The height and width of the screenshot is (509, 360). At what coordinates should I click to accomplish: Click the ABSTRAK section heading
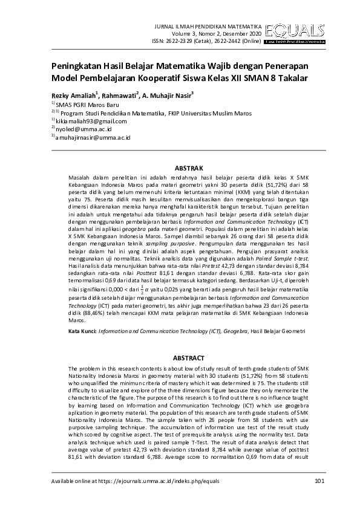pyautogui.click(x=188, y=167)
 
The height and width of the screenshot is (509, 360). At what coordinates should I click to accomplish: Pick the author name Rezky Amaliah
pyautogui.click(x=71, y=95)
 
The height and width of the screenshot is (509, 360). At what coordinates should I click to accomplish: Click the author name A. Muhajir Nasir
pyautogui.click(x=168, y=95)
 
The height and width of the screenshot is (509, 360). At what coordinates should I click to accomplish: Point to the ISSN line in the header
pyautogui.click(x=207, y=41)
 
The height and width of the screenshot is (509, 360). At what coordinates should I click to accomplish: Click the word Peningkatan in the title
pyautogui.click(x=74, y=66)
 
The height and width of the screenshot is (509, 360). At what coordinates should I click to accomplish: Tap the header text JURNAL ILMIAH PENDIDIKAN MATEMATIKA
pyautogui.click(x=209, y=27)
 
